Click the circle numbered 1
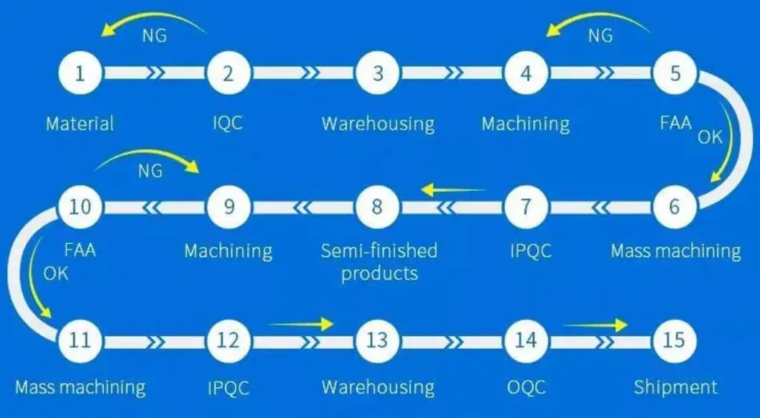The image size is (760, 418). tap(81, 73)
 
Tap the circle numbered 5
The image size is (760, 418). tap(675, 73)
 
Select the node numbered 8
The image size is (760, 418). tap(377, 207)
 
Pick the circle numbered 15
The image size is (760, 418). tap(675, 339)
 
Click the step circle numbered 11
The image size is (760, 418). tap(81, 339)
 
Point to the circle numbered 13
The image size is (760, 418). tap(377, 339)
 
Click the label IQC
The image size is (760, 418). tap(228, 123)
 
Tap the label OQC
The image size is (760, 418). tap(526, 388)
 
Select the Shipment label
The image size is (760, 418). tap(675, 388)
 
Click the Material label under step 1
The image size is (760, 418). tap(80, 124)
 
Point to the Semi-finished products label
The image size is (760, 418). tap(379, 261)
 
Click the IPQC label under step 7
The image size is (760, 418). tap(526, 251)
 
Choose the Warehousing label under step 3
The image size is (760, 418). tap(378, 124)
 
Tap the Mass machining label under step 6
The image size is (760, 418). tap(675, 251)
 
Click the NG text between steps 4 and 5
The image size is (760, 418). tap(600, 34)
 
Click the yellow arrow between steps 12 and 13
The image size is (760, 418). tap(302, 325)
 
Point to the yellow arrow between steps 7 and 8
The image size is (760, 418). tap(453, 190)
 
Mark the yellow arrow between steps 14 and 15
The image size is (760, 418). tap(595, 325)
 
